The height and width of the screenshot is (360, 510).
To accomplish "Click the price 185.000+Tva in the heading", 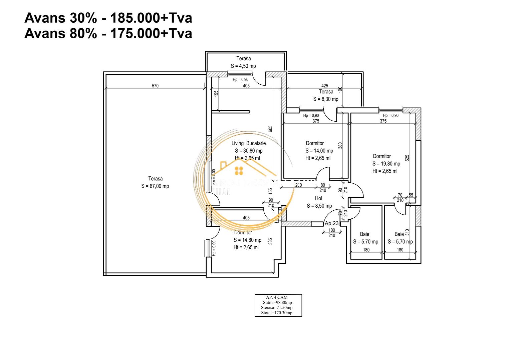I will (151, 18).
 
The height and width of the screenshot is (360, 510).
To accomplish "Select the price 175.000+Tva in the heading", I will (151, 34).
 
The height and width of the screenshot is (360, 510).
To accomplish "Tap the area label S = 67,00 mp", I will (155, 186).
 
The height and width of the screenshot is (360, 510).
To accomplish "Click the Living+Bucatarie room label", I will (249, 143).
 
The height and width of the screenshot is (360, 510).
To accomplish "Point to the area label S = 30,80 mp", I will (249, 151).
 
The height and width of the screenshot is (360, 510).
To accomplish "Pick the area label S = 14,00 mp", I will (319, 151).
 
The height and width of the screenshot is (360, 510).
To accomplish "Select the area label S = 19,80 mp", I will (386, 164).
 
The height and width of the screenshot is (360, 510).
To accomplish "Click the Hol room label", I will (318, 198).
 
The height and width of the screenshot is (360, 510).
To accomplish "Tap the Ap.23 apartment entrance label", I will (331, 223).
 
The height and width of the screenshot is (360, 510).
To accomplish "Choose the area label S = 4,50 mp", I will (243, 66).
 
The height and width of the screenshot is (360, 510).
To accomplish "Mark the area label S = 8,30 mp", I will (326, 99).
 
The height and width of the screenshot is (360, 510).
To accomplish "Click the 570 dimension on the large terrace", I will (155, 86).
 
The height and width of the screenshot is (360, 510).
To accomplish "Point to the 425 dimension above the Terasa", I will (324, 86).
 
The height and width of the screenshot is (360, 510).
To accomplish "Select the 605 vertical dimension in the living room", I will (270, 128).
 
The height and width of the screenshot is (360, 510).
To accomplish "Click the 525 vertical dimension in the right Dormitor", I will (407, 158).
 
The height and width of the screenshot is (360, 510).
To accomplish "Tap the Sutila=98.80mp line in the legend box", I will (277, 302).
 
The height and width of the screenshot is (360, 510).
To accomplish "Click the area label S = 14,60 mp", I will (247, 240).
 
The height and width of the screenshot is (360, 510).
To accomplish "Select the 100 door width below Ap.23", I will (331, 230).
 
